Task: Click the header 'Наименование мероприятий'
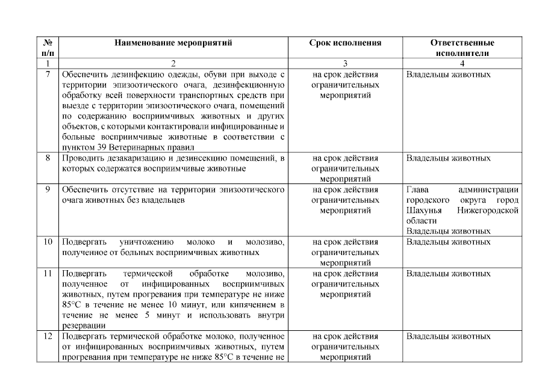pos(173,43)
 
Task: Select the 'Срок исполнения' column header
pos(345,43)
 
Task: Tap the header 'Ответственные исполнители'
pos(462,48)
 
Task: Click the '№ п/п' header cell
pos(47,48)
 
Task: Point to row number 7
pos(47,75)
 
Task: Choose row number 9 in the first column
pos(47,190)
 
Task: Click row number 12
pos(47,335)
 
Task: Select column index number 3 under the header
pos(345,63)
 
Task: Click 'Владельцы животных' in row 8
pos(448,158)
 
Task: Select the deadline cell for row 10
pos(345,252)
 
